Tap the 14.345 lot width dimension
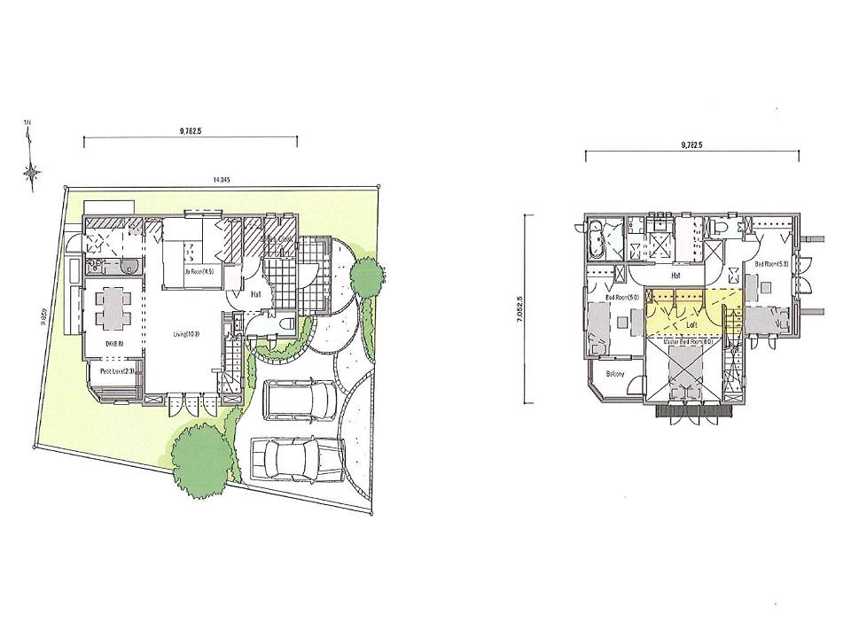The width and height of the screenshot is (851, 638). click(x=222, y=180)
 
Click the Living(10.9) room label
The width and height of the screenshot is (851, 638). click(x=186, y=334)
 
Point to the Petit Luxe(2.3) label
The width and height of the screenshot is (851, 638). click(x=116, y=371)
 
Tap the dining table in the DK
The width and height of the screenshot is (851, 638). click(x=112, y=306)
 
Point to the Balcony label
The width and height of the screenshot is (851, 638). click(x=615, y=374)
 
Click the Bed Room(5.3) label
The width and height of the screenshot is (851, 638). click(x=770, y=264)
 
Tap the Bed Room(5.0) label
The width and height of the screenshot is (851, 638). click(x=624, y=297)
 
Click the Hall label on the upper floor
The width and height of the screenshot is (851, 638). click(x=675, y=276)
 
